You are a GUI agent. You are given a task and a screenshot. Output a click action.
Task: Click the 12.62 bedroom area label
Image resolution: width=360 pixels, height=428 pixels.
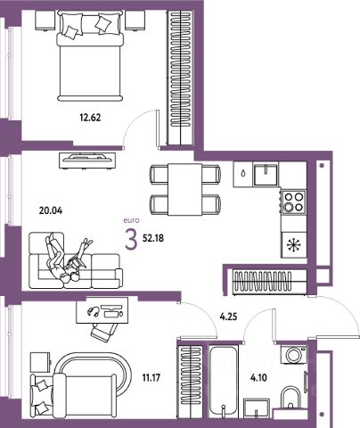[90, 118]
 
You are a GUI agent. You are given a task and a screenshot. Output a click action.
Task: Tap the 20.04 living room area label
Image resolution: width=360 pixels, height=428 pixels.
[51, 210]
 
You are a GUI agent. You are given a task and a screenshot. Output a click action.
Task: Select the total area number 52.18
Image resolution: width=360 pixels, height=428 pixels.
[153, 238]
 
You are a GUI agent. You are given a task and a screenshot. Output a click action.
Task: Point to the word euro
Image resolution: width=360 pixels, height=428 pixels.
[131, 220]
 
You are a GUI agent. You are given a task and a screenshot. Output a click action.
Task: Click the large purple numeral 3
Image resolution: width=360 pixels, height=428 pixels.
[131, 240]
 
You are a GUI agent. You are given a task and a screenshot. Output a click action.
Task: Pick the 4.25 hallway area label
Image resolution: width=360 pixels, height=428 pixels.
[228, 317]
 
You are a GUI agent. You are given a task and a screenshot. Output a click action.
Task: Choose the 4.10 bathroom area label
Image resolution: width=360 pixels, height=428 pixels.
[258, 378]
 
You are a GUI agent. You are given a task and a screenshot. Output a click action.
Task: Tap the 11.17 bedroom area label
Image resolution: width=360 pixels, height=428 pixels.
[151, 378]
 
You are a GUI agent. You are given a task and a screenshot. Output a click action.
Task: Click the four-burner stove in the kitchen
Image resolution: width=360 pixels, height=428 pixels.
[293, 202]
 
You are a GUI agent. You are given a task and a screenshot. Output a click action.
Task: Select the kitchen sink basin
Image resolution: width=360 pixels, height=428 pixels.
[266, 175]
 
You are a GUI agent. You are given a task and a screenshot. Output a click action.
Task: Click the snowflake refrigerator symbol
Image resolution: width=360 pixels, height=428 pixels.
[294, 245]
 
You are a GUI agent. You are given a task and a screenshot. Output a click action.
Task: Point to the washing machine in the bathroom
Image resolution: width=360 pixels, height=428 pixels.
[293, 354]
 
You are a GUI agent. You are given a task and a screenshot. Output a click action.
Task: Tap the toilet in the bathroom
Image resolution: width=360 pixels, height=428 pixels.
[290, 398]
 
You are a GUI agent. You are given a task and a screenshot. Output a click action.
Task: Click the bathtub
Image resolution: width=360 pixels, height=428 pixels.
[224, 382]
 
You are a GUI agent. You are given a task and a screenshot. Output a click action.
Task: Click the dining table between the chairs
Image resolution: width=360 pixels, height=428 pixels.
[185, 189]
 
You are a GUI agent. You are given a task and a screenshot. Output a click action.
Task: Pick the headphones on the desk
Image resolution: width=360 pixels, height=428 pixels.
[94, 311]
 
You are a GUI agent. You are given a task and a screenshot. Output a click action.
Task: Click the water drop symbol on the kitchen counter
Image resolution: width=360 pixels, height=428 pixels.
[243, 173]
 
